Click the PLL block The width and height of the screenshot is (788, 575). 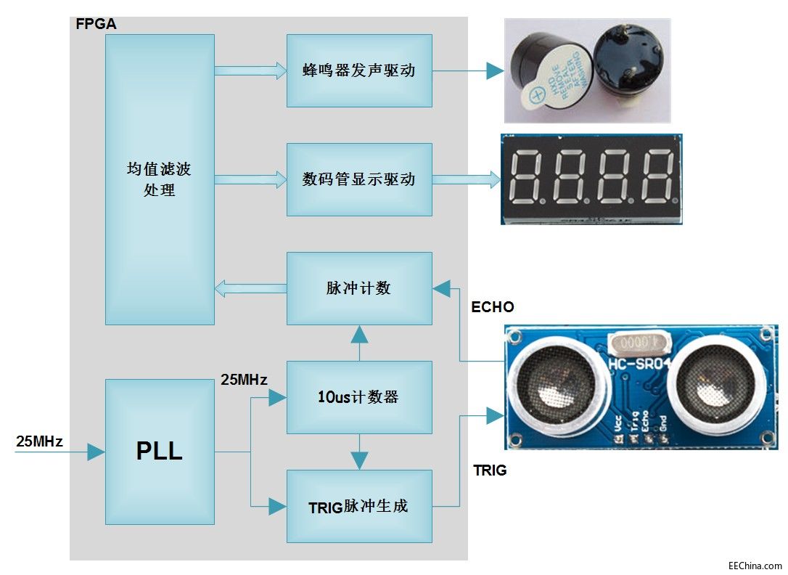(160, 451)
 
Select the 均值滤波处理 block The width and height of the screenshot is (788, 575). (160, 179)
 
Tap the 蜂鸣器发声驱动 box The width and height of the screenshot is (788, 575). (359, 70)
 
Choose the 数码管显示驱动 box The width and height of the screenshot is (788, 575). (359, 179)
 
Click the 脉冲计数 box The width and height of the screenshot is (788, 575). (359, 288)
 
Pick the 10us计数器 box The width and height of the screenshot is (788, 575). (359, 397)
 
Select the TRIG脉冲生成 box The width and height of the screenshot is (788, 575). (359, 506)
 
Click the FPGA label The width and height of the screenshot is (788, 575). (96, 24)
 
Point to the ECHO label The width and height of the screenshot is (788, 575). (493, 307)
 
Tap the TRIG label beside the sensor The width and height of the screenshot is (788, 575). (490, 470)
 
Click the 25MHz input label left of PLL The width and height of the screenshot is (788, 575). (39, 441)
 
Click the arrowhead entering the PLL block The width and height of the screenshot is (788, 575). (97, 452)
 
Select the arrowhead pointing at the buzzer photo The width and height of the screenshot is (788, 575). (495, 70)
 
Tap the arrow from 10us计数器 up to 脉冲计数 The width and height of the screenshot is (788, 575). (359, 342)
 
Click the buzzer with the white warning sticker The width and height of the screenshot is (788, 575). (546, 73)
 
